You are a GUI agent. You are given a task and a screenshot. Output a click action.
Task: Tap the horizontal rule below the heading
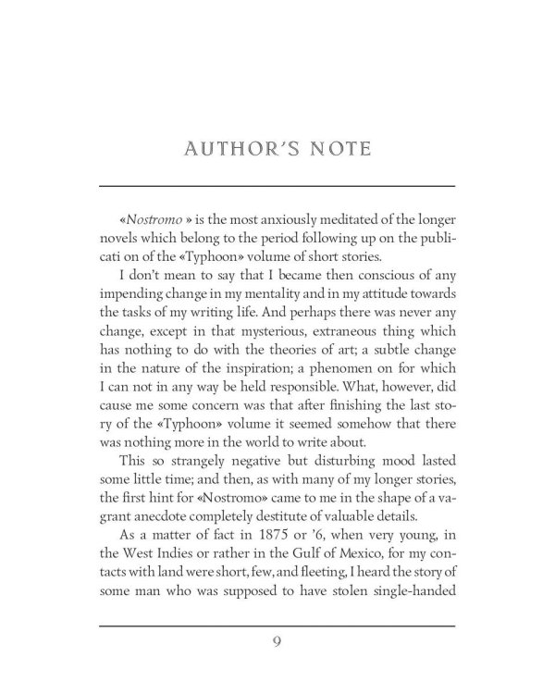(277, 186)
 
